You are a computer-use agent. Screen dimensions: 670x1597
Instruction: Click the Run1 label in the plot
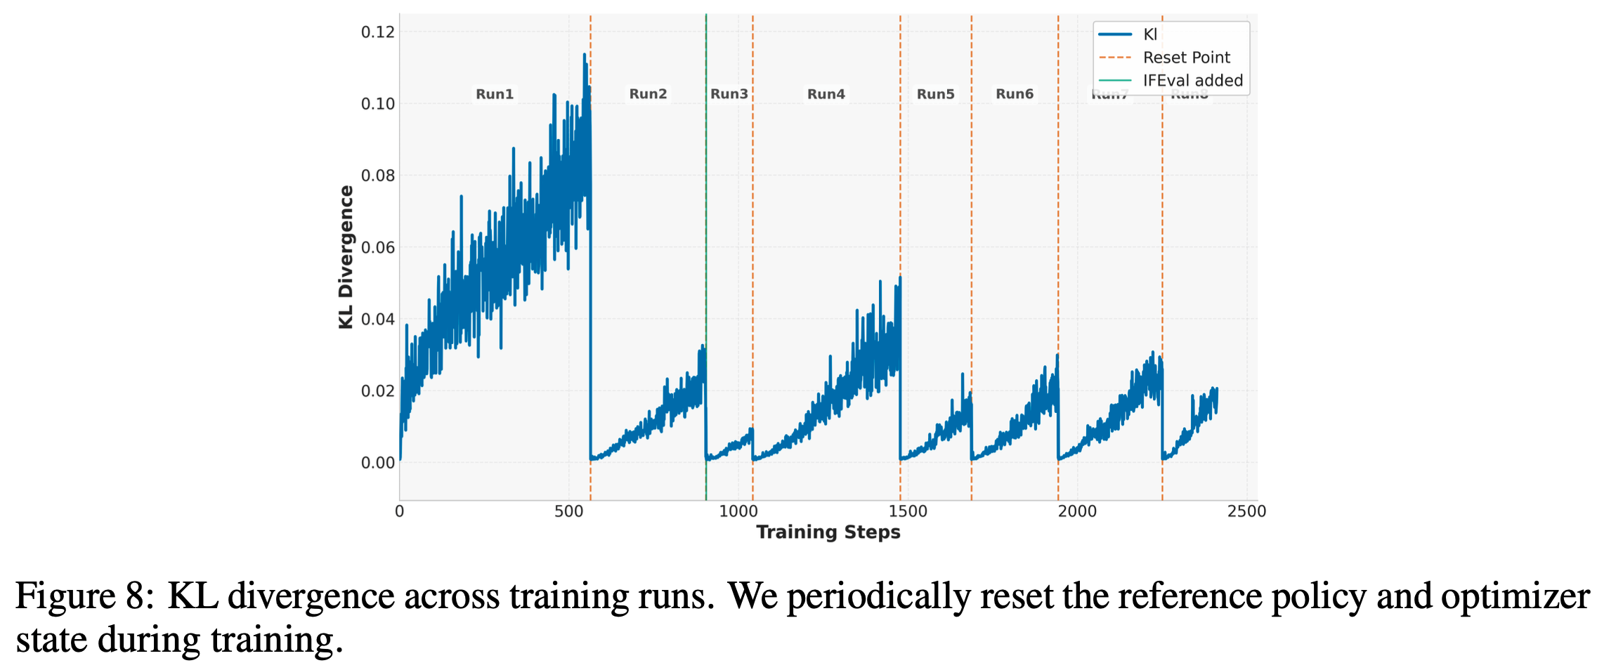[x=495, y=94]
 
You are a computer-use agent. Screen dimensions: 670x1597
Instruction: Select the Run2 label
[x=648, y=94]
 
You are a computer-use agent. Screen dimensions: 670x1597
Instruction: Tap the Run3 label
[x=729, y=94]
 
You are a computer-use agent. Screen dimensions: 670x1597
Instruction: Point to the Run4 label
[x=826, y=94]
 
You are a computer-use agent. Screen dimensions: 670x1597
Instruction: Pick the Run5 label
[x=935, y=94]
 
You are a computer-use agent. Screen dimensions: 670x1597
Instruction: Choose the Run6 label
[x=1015, y=94]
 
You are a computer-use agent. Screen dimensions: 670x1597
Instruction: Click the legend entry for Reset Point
[x=1186, y=58]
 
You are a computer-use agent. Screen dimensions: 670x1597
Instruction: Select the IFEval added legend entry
[x=1192, y=81]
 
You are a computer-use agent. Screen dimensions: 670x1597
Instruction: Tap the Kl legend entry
[x=1149, y=34]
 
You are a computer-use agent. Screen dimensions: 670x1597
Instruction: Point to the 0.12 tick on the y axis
[x=378, y=32]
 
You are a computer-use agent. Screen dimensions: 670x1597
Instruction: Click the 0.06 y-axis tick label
[x=378, y=248]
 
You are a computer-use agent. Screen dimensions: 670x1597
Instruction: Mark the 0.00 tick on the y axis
[x=378, y=463]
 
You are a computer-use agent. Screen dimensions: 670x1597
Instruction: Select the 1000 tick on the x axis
[x=738, y=511]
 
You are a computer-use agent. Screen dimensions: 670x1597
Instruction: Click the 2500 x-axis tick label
[x=1246, y=511]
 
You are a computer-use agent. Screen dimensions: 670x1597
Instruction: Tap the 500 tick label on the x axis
[x=569, y=511]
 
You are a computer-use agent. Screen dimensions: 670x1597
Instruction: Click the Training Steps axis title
[x=828, y=532]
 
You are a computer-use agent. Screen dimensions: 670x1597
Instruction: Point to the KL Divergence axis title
[x=346, y=257]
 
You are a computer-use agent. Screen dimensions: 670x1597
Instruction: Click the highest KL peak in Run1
[x=585, y=55]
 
